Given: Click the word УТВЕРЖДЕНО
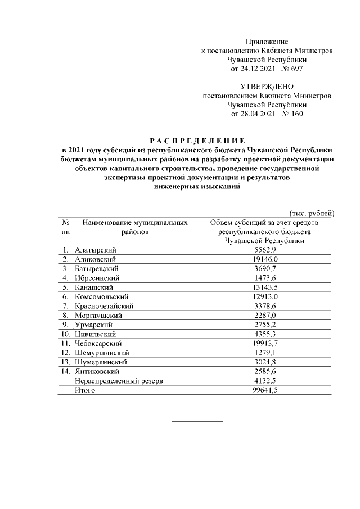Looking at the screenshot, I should click(267, 87).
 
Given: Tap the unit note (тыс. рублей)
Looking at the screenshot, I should click(312, 213).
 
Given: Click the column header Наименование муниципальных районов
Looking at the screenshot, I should click(134, 227).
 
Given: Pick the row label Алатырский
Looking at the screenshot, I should click(94, 249).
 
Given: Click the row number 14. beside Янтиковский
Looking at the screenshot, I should click(65, 371).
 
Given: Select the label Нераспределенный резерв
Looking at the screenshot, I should click(119, 381).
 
